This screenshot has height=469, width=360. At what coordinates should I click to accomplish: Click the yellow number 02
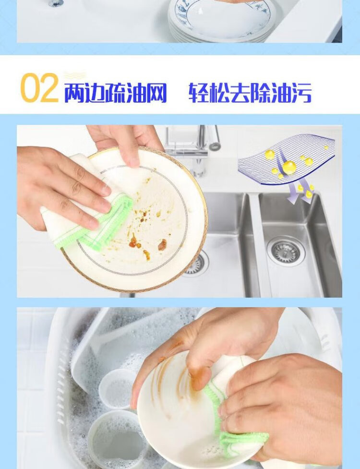(39, 88)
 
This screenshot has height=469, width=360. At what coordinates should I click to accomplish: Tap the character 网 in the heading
(156, 93)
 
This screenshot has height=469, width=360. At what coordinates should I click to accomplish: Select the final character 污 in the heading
(301, 93)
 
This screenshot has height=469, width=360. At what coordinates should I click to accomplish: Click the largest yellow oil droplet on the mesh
(289, 167)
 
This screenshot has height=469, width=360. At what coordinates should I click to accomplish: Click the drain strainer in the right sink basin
(286, 251)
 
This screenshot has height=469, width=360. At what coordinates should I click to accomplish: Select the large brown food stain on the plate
(162, 245)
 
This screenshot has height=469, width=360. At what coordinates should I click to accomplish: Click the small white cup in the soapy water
(117, 388)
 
